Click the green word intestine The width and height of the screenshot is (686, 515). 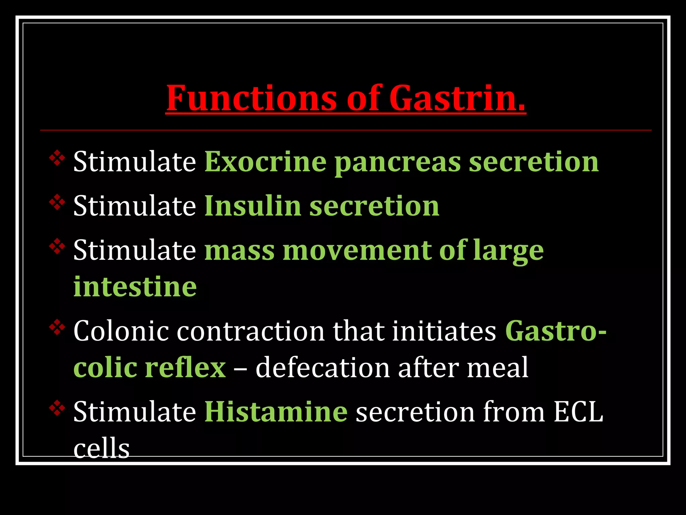point(135,287)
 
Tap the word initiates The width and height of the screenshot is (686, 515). point(444,331)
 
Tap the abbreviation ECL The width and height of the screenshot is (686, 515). point(578,412)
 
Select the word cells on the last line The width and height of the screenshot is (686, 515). point(101,449)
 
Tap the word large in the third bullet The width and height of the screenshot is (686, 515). point(508,250)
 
